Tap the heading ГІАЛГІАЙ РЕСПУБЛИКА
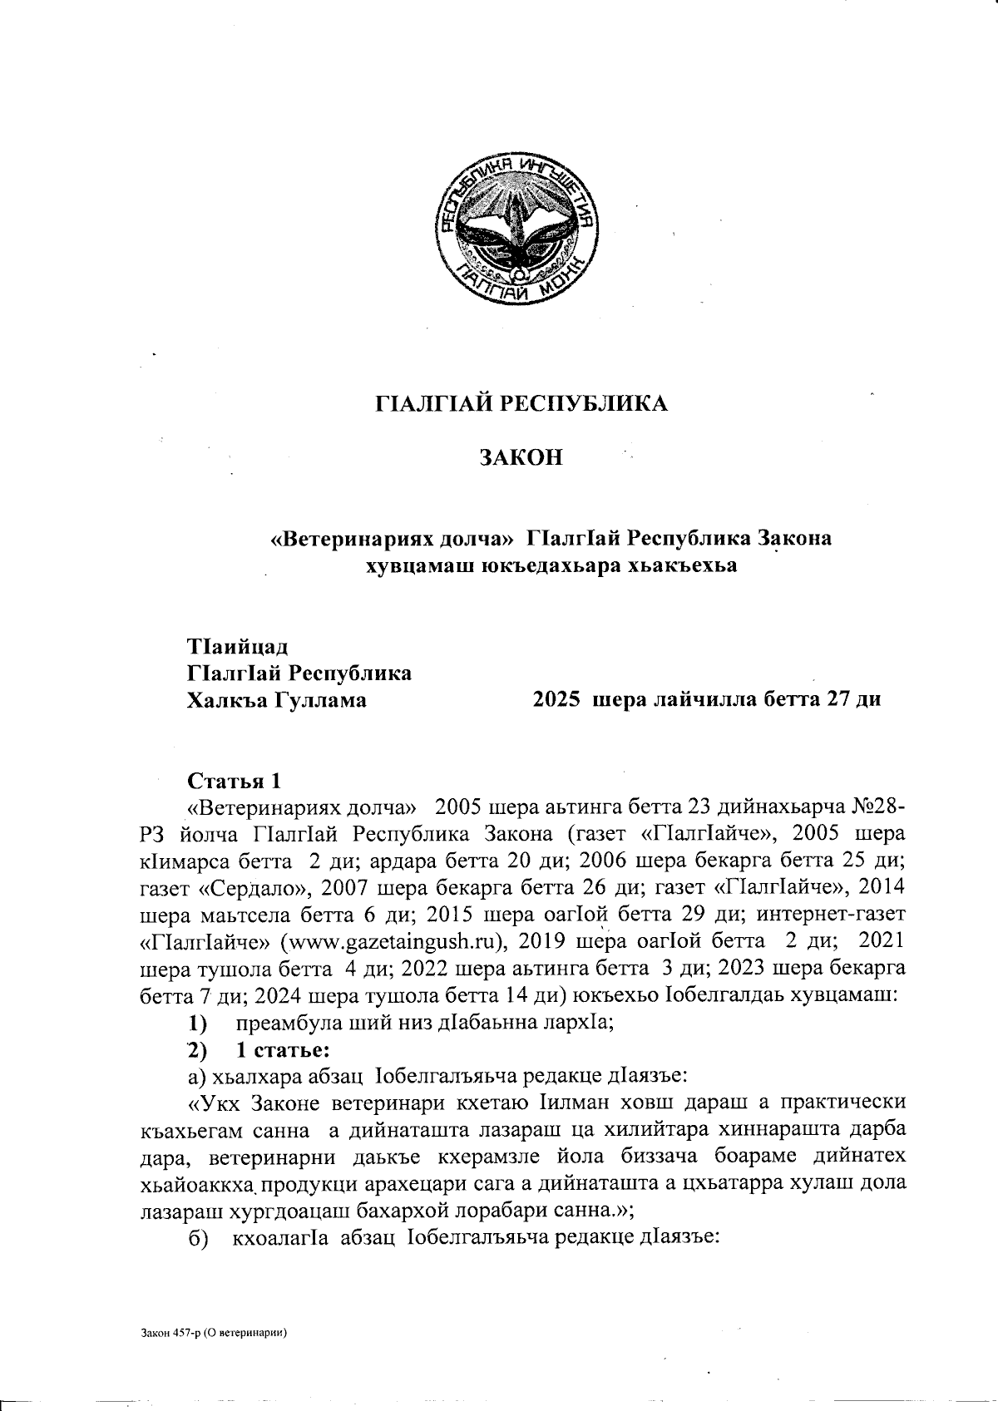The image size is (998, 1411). pos(522,404)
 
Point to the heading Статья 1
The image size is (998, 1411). pos(235,782)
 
